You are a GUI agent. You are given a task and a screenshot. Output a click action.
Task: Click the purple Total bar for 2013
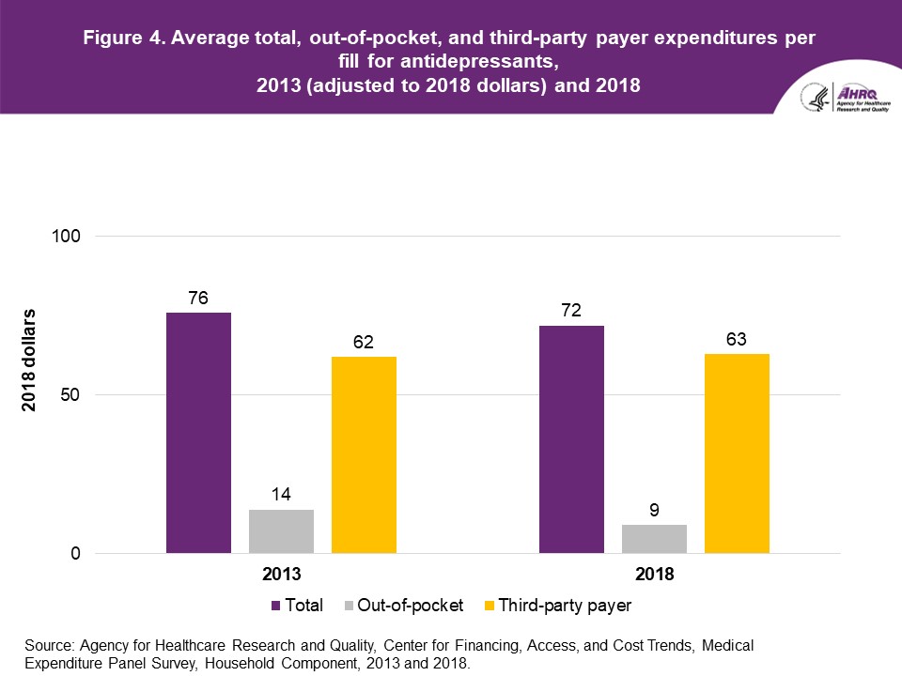point(198,433)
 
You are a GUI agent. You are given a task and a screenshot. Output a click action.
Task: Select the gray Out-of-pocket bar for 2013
point(281,531)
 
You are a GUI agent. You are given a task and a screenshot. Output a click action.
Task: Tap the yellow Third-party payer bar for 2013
point(364,455)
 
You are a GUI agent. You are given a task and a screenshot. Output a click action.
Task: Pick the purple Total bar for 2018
point(571,439)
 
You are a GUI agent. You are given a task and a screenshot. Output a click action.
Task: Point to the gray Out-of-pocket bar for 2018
point(654,539)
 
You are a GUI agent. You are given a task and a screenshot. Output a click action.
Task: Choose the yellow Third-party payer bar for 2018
point(737,453)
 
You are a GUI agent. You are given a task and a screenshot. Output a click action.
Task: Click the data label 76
point(198,299)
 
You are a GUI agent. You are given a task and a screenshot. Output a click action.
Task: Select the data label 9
point(654,511)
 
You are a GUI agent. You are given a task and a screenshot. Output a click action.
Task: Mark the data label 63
point(737,340)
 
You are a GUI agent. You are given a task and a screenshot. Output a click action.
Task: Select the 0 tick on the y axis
point(77,554)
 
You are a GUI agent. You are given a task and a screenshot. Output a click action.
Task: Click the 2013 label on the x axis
point(281,574)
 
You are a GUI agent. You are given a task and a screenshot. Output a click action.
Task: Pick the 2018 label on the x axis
point(654,574)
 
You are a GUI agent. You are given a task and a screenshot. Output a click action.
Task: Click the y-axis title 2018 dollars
point(30,360)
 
